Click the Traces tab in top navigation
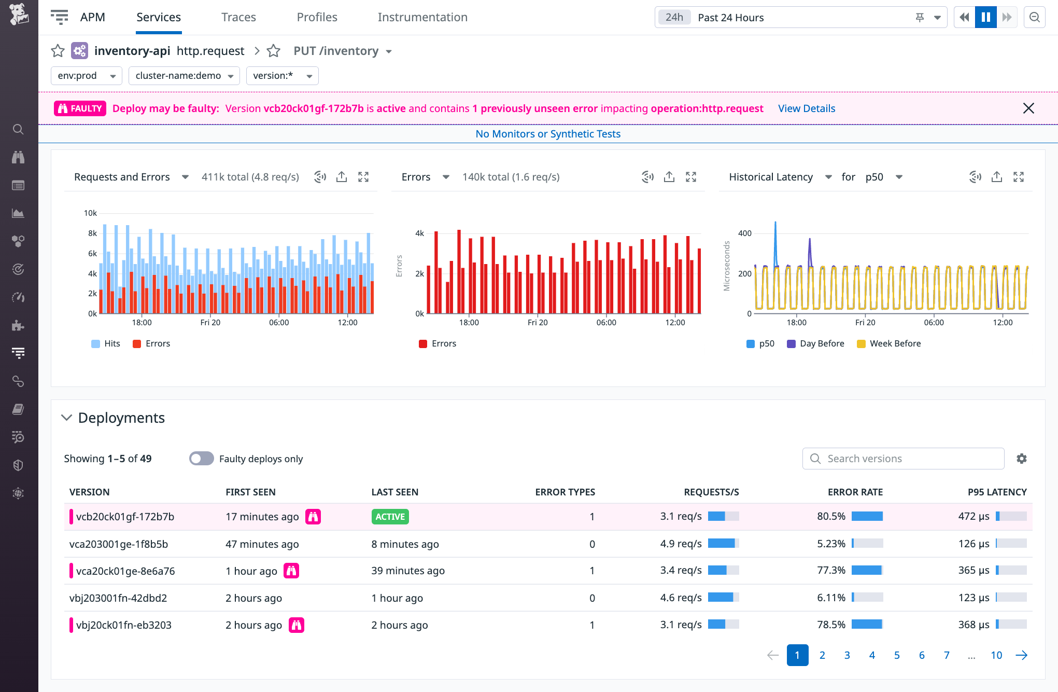[238, 17]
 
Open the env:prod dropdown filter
[86, 76]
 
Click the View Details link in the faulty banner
[806, 108]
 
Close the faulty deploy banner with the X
[1028, 108]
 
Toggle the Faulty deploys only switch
[202, 459]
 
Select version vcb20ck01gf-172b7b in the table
[125, 517]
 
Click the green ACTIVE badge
[390, 517]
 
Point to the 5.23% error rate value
[831, 544]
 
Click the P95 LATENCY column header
[997, 492]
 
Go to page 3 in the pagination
[847, 655]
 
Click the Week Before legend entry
[895, 343]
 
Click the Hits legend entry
[111, 343]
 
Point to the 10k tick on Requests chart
[90, 213]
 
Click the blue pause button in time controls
[985, 17]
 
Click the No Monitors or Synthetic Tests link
[548, 134]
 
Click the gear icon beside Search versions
[1021, 459]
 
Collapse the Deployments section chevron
[66, 418]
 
